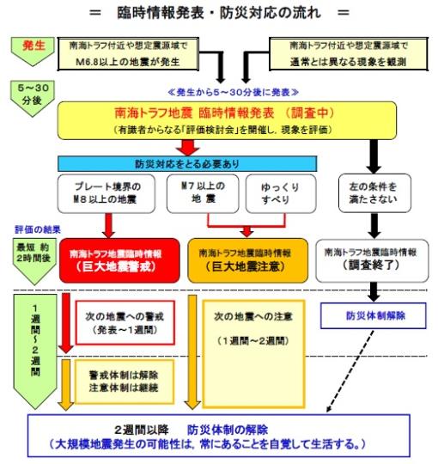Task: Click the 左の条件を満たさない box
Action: tap(370, 195)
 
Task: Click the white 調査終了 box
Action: tap(370, 259)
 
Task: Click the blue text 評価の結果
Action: tap(33, 230)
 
